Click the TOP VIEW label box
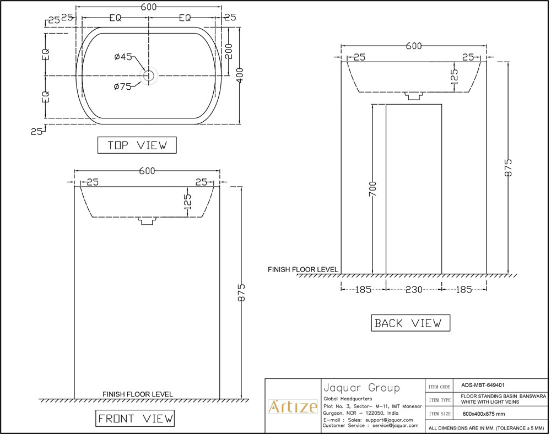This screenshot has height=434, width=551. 137,145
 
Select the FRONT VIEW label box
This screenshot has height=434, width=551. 136,419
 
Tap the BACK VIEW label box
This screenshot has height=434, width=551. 410,323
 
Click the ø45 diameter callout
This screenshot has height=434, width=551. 123,57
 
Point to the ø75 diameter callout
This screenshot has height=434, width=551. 123,86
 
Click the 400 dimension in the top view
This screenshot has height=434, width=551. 239,75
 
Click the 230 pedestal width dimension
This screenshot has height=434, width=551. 413,289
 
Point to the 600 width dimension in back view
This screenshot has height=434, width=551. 414,46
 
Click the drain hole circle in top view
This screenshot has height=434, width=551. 148,75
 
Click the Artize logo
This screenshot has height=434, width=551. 293,408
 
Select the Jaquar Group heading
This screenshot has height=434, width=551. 361,387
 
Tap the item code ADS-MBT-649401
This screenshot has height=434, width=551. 483,386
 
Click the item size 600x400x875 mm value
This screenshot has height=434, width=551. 483,414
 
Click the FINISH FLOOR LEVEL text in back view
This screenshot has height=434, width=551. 302,270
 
